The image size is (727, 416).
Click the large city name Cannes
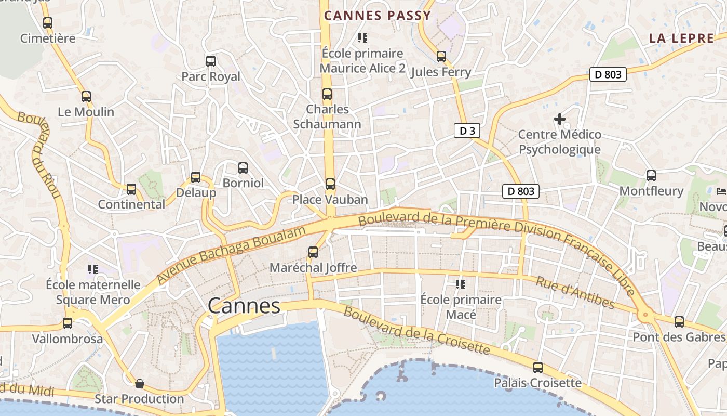tap(244, 306)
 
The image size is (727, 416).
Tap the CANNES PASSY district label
tap(378, 16)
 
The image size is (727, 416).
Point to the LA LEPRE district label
tap(681, 38)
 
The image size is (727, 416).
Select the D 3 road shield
tap(467, 131)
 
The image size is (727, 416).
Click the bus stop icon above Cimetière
tap(48, 22)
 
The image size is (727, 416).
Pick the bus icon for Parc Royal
tap(210, 61)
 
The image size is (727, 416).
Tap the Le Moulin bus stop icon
tap(86, 96)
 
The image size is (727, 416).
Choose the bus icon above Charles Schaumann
tap(327, 94)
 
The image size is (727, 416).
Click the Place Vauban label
tap(330, 200)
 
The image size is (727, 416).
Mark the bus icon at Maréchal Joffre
tap(313, 252)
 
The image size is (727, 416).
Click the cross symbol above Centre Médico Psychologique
tap(559, 119)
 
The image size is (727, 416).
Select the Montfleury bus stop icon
tap(651, 175)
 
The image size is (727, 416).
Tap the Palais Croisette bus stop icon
tap(538, 368)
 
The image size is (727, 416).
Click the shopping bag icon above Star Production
tap(139, 384)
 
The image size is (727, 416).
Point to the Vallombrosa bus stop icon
tap(68, 323)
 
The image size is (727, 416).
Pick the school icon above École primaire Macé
tap(460, 284)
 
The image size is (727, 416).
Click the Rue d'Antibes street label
tap(575, 293)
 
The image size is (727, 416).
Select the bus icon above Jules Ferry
tap(441, 56)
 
